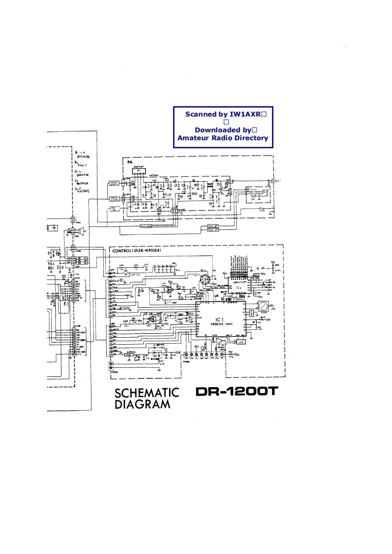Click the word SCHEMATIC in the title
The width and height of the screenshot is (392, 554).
click(147, 393)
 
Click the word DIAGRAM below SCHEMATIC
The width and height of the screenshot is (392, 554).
click(142, 405)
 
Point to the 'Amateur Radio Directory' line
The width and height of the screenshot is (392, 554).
click(223, 138)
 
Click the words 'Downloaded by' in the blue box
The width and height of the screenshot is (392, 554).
click(223, 130)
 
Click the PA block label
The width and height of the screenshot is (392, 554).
click(130, 162)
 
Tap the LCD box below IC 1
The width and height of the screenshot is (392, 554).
click(241, 342)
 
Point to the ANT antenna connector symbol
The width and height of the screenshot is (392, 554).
click(270, 181)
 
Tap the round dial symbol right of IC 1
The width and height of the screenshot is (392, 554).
click(265, 307)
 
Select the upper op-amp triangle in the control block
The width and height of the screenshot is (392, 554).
click(169, 290)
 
